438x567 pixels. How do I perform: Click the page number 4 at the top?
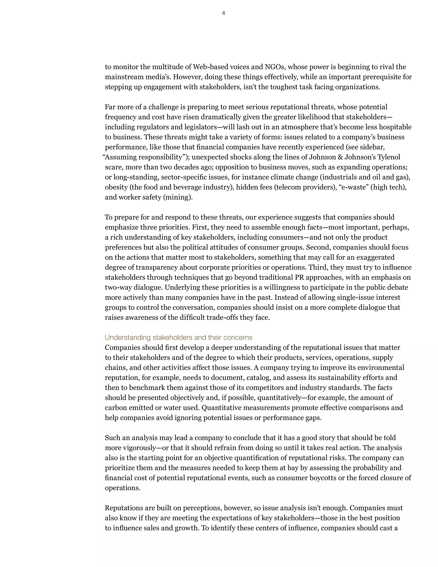click(x=223, y=13)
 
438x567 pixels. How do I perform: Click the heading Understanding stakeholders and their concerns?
click(x=179, y=337)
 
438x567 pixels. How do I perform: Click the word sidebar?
click(x=372, y=147)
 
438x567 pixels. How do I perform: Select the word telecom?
click(x=289, y=187)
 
